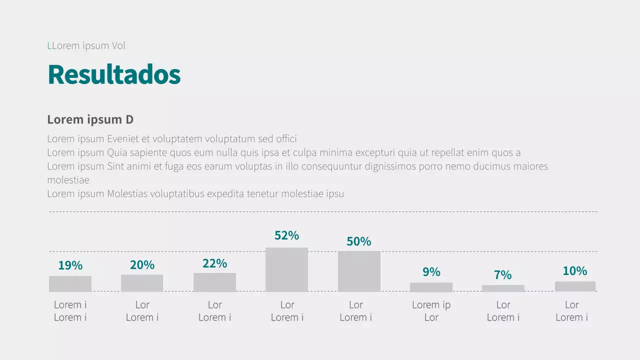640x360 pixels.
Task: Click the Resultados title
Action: point(114,75)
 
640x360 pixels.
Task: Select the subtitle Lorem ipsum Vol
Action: point(86,46)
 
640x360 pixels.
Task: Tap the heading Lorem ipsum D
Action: point(90,120)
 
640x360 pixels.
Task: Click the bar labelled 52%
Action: point(286,269)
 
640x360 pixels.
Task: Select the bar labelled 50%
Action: point(359,271)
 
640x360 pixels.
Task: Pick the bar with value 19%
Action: point(70,283)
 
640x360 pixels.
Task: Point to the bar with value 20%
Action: point(142,283)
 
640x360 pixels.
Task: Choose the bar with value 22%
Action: point(214,282)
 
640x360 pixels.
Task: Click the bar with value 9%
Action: point(431,287)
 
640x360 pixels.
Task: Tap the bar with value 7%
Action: point(503,288)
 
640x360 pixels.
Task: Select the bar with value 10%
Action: point(575,286)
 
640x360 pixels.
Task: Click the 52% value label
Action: point(286,235)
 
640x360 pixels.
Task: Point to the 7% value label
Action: point(503,275)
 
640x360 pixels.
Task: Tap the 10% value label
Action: point(575,271)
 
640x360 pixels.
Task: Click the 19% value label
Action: point(70,265)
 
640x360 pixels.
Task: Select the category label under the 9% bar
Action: point(431,311)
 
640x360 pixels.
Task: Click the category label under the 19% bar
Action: point(70,311)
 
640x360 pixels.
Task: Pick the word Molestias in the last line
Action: point(127,194)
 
